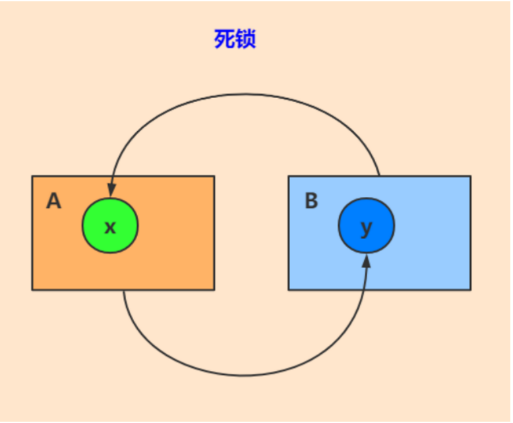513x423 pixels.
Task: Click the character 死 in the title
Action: (x=224, y=39)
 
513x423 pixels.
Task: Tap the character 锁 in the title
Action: (x=245, y=39)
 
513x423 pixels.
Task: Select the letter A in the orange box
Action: (x=53, y=201)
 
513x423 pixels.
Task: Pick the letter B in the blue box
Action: (x=311, y=200)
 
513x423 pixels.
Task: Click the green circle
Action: (x=110, y=225)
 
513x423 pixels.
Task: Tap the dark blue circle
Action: (x=367, y=225)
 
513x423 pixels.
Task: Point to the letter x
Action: (x=110, y=227)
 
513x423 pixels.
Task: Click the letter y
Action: (x=367, y=228)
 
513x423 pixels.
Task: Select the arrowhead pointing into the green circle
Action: (x=111, y=190)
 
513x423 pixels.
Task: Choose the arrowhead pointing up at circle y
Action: (x=367, y=261)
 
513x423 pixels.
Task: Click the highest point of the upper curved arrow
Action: (x=244, y=94)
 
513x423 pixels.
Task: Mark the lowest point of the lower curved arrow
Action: (x=242, y=376)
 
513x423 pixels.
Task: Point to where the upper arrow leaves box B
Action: (x=379, y=176)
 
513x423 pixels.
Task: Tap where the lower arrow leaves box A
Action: (x=123, y=291)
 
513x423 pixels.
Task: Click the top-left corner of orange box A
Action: (x=32, y=176)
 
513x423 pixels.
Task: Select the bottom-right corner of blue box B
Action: (x=471, y=290)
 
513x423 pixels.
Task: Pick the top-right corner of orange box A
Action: (x=214, y=176)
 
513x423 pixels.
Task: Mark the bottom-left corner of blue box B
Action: (x=289, y=290)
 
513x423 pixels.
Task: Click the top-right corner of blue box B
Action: (x=471, y=176)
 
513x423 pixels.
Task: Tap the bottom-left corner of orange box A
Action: (x=32, y=290)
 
